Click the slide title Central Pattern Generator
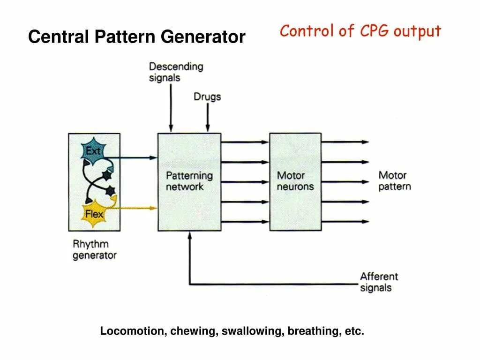(x=136, y=37)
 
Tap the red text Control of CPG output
(x=360, y=31)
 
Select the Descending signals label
(x=176, y=72)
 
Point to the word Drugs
(x=207, y=97)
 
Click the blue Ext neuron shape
(x=94, y=151)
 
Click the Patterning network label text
(x=189, y=181)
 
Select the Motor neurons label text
(x=295, y=181)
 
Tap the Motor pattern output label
(x=394, y=180)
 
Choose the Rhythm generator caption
(x=94, y=249)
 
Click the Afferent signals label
(x=379, y=282)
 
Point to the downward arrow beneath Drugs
(x=208, y=117)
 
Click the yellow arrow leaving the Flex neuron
(x=136, y=208)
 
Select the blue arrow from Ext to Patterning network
(x=136, y=158)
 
